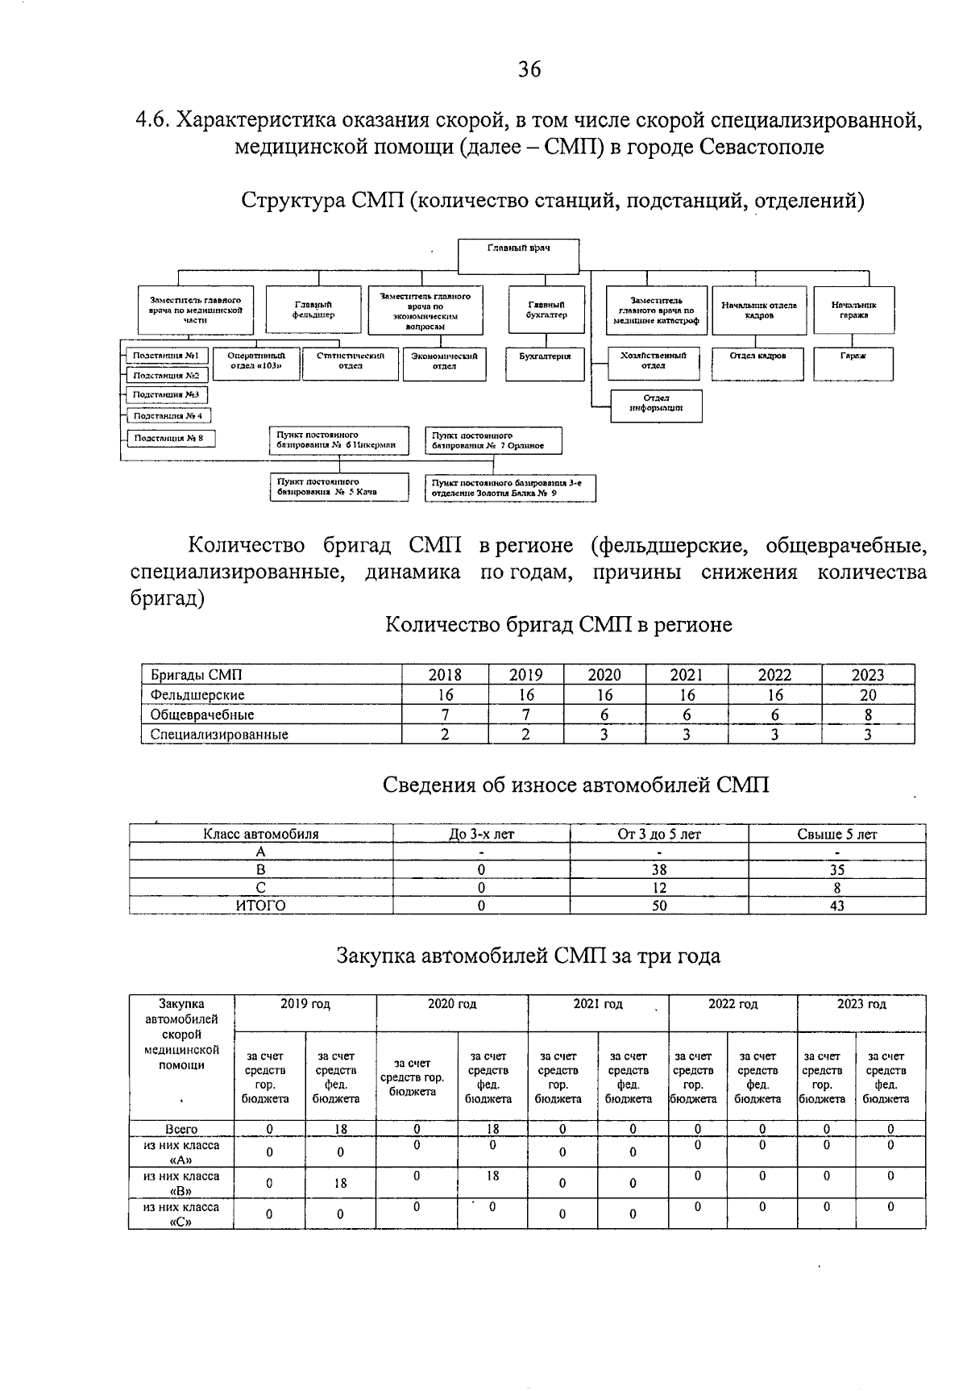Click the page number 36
pos(529,69)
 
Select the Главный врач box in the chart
pos(518,256)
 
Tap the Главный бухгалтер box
pos(546,310)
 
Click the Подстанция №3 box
pos(165,395)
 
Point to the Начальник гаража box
pos(853,310)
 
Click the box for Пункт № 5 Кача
pos(338,487)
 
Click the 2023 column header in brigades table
pos(868,676)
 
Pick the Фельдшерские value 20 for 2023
pos(868,695)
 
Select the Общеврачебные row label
pos(202,714)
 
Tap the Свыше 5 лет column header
pos(836,835)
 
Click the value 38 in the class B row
pos(658,870)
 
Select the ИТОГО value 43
pos(836,906)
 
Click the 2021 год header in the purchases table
pos(598,1005)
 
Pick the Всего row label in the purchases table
pos(181,1129)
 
